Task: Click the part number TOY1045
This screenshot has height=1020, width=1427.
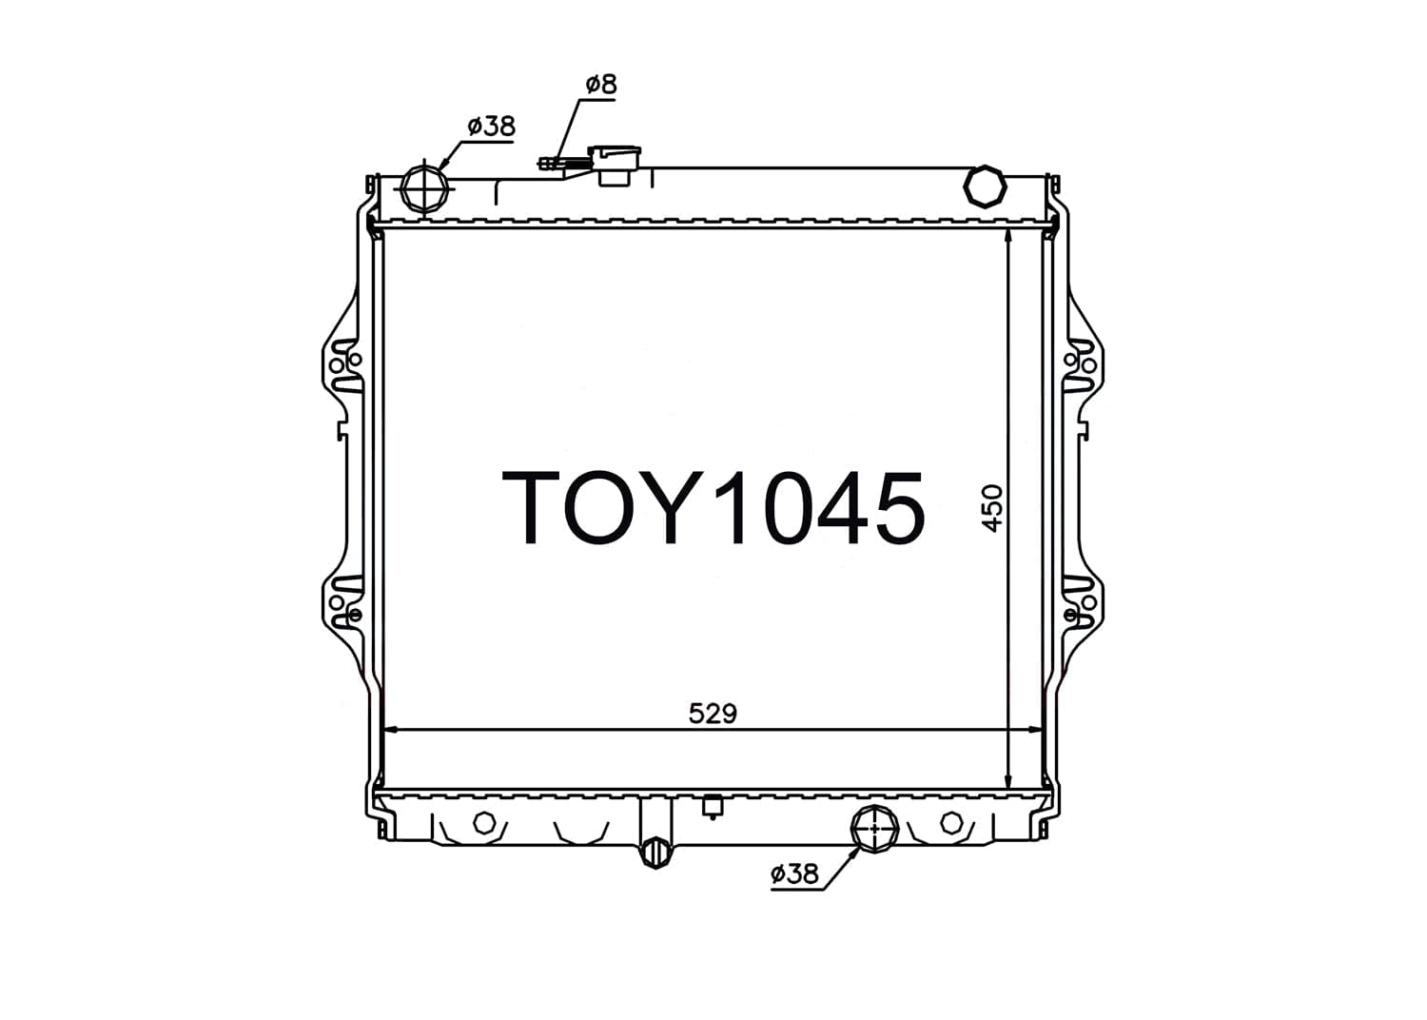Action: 713,508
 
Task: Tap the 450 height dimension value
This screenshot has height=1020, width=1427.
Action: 992,508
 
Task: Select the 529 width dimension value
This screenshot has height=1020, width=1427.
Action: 713,714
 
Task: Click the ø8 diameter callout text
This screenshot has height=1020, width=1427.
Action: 601,85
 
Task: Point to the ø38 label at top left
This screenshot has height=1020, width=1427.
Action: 491,127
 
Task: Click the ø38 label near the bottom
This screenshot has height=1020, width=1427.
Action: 794,873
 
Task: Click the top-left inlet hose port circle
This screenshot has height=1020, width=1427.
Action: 425,188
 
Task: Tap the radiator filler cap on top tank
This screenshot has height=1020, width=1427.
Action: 614,165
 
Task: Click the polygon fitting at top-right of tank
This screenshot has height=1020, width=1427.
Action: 985,186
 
